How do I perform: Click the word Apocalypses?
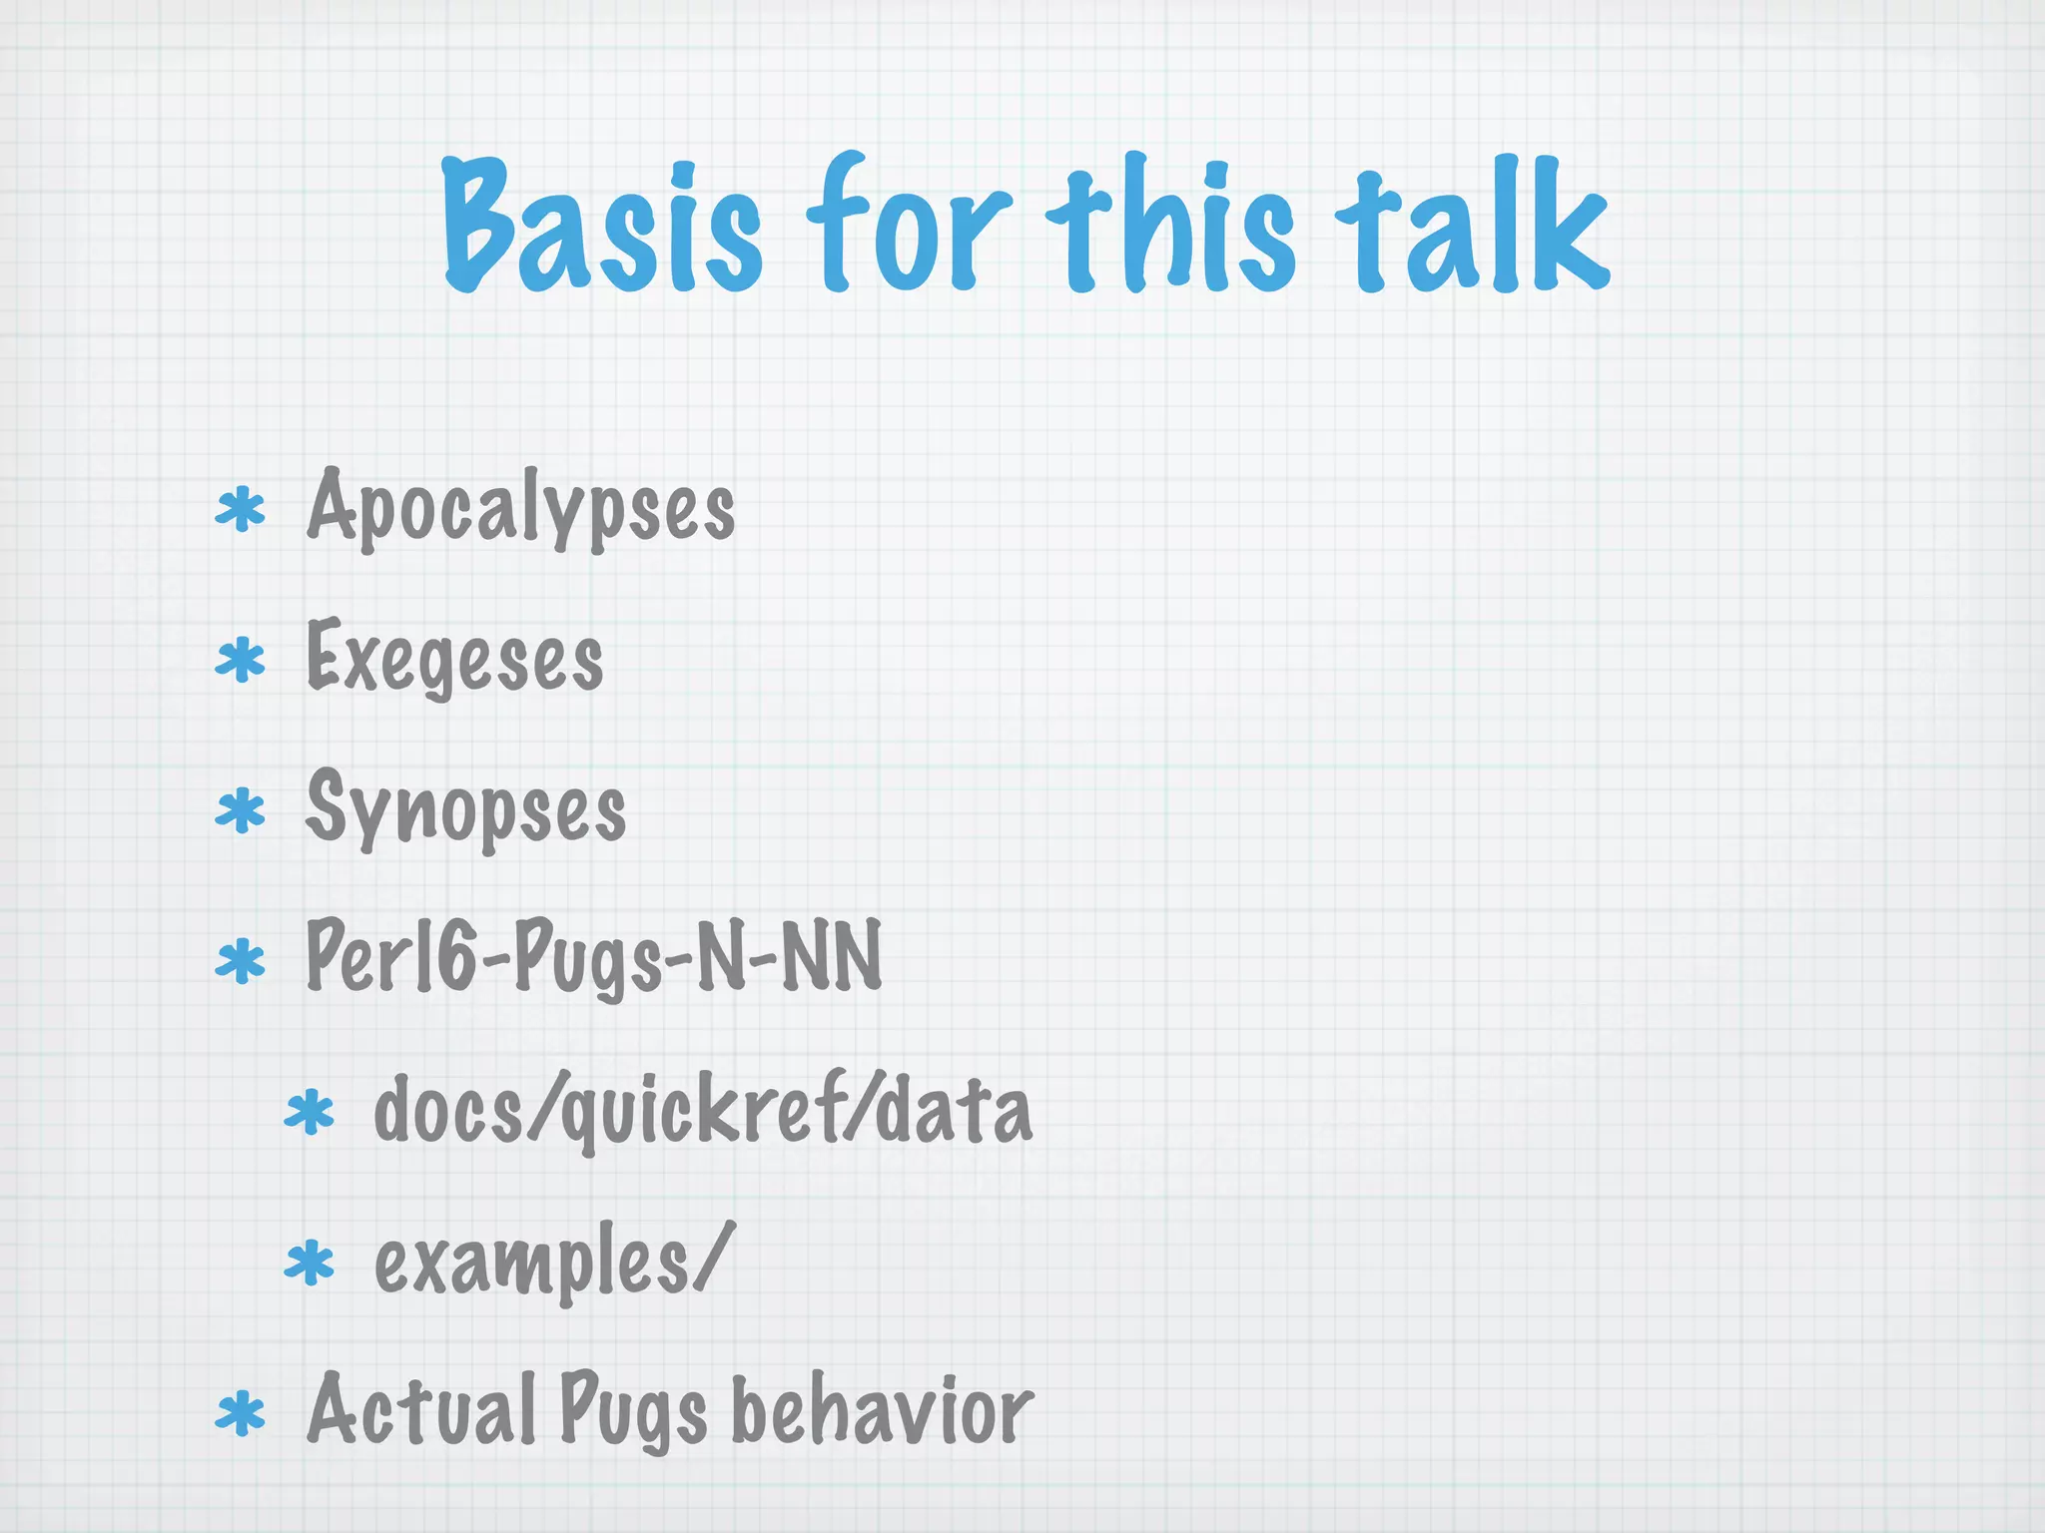520,509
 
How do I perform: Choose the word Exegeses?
454,659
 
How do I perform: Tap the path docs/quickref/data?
702,1112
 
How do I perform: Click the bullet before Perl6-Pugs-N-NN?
241,962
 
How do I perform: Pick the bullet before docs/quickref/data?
310,1114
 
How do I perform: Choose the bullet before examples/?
310,1265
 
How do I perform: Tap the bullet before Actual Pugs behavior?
241,1415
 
